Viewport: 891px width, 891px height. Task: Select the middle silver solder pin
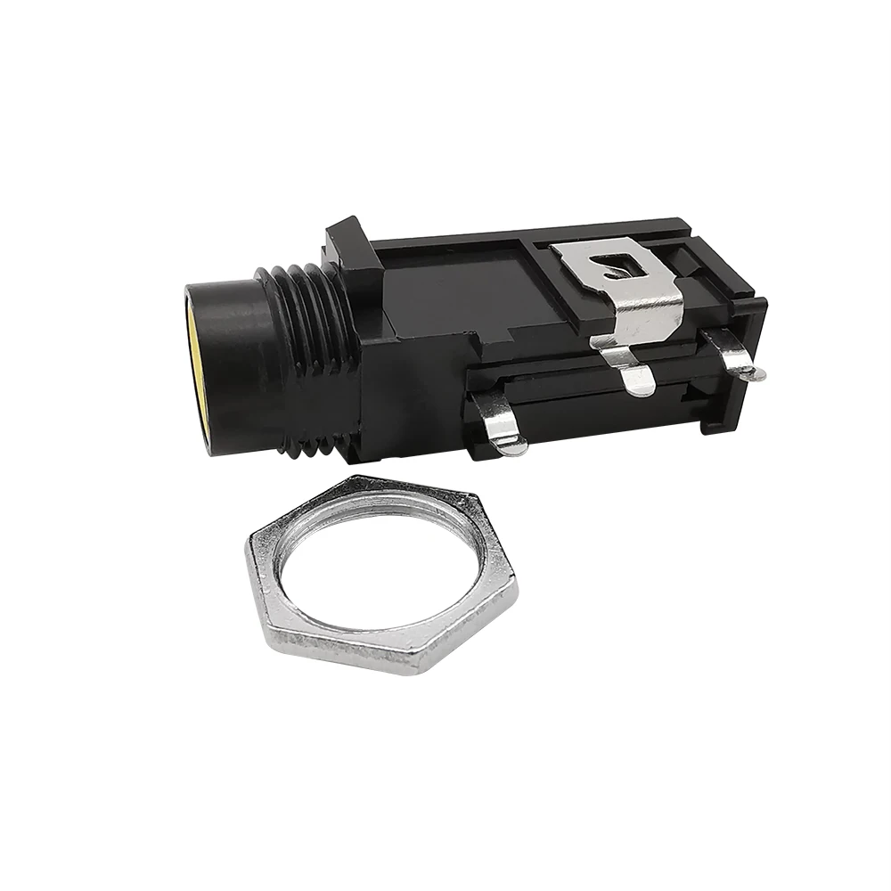[x=634, y=374]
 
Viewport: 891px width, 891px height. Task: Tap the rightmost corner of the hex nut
[x=518, y=580]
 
